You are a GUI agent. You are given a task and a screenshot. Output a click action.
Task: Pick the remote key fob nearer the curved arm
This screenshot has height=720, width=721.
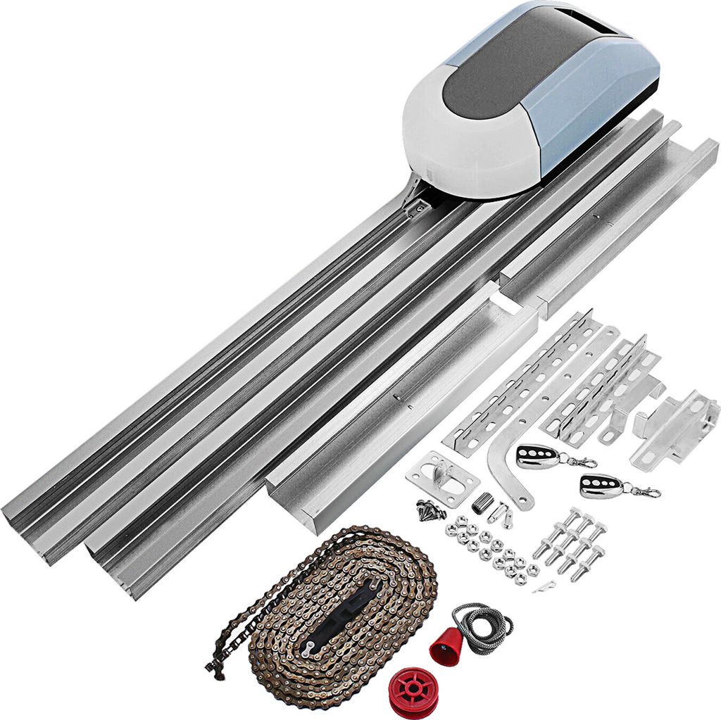coord(539,456)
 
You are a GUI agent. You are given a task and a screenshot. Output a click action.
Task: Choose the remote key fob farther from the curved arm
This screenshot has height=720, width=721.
coord(602,486)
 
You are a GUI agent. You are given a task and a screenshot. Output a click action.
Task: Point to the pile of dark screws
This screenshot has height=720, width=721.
coord(430,510)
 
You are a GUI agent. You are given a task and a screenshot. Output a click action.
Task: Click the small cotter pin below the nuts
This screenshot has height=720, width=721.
coord(544,586)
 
